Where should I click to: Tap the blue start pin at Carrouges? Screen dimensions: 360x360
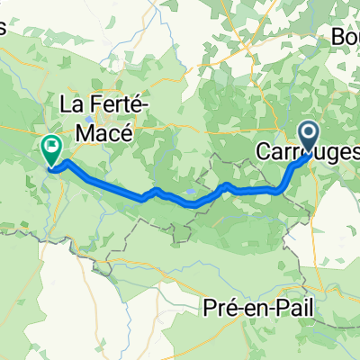click(309, 139)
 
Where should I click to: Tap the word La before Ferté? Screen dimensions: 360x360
click(71, 106)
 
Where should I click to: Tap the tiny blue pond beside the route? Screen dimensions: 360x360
click(190, 193)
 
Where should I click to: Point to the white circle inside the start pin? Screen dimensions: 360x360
click(309, 134)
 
